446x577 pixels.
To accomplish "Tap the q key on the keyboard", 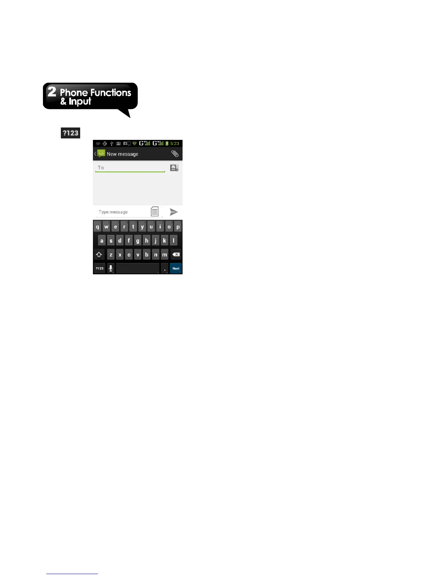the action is (97, 227).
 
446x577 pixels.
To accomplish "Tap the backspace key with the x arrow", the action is (176, 254).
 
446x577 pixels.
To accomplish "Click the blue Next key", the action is (176, 268).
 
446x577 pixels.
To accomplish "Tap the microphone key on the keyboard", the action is (111, 268).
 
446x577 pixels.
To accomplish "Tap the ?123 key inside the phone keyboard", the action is (99, 268).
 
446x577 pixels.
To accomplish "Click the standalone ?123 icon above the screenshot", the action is (70, 133).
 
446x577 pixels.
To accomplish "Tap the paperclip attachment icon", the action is (175, 154).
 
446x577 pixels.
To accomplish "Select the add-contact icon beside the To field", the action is (174, 168).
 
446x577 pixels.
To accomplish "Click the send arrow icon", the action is (174, 212).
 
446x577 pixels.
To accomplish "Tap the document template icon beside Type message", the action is (155, 211).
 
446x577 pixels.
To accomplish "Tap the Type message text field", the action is (122, 212).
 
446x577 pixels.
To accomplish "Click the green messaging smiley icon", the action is (101, 154).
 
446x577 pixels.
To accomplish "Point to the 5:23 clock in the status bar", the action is (175, 144).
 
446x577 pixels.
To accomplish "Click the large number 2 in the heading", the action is (52, 92).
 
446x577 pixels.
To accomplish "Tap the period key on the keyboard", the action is (165, 269).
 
